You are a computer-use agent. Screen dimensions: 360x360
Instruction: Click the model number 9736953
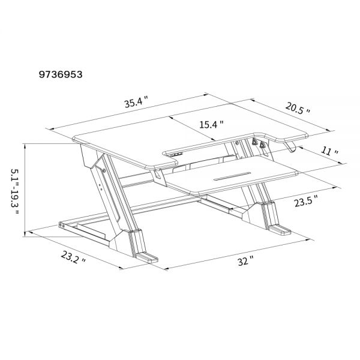click(x=61, y=74)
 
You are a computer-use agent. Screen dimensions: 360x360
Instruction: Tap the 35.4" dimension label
click(x=137, y=103)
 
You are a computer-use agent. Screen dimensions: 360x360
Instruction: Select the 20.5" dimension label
click(x=298, y=109)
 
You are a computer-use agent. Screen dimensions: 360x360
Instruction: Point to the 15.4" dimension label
click(x=211, y=125)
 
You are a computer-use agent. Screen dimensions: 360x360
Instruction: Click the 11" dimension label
click(x=329, y=152)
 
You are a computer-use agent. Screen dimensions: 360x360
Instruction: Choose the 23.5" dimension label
click(x=307, y=201)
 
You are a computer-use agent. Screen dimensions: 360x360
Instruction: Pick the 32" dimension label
click(x=245, y=261)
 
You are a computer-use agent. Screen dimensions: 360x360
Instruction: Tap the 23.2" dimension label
click(x=73, y=257)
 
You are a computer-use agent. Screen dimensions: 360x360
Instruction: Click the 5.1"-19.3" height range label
click(x=15, y=192)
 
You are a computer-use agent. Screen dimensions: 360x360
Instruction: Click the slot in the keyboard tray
click(x=232, y=176)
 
